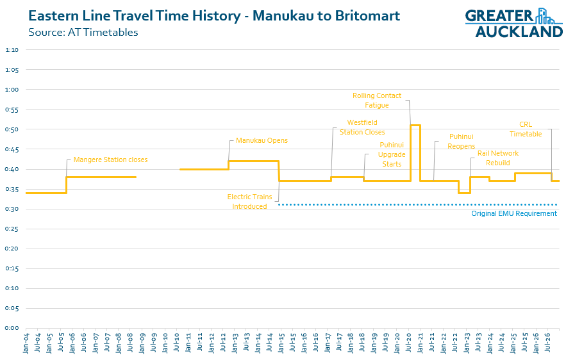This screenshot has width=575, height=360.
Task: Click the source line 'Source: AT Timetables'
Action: pos(83,32)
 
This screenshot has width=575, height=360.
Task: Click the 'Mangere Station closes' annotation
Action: pos(110,160)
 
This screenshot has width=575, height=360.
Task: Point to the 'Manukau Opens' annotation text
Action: pos(262,140)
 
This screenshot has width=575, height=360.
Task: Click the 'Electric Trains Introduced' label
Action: pos(250,202)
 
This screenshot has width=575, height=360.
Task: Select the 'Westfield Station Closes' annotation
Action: pos(365,127)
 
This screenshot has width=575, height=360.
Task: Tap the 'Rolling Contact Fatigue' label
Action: pos(377,101)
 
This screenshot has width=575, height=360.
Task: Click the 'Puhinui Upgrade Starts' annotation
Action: pos(392,154)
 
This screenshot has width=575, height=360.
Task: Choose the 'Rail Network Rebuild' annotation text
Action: pos(498,158)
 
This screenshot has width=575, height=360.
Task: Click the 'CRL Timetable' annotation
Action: pos(526,129)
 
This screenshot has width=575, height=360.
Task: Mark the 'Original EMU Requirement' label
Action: pos(514,213)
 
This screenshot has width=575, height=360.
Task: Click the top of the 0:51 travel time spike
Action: pos(415,125)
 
